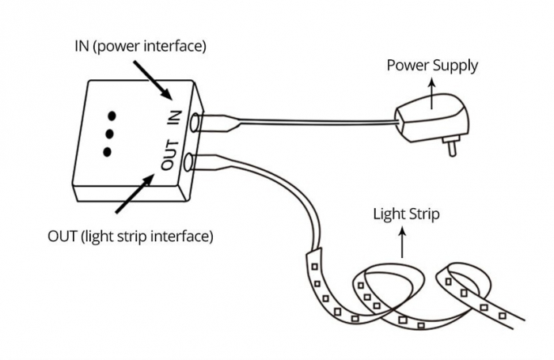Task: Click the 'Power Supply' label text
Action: (432, 65)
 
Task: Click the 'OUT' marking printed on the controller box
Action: (167, 155)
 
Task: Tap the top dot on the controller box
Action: (112, 112)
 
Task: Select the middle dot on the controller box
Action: (110, 131)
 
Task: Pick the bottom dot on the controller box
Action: (108, 150)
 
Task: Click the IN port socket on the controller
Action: (195, 123)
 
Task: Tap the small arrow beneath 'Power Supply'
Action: (432, 93)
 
